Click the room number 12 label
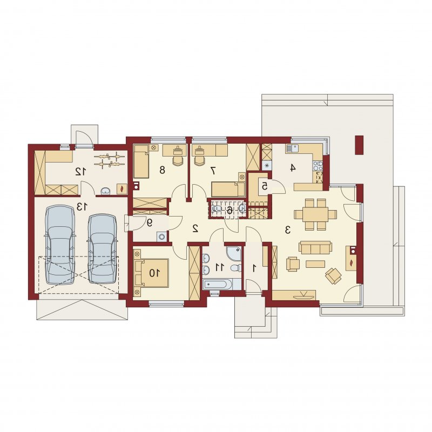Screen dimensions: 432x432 point(80,172)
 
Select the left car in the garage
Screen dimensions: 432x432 point(60,245)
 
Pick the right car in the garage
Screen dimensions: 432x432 point(103,249)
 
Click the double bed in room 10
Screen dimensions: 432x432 point(152,273)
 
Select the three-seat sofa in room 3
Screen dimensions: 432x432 point(315,247)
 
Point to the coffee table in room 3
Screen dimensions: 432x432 point(315,264)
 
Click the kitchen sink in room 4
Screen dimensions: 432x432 point(291,149)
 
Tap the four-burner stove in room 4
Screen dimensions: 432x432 point(318,166)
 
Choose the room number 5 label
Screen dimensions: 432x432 point(265,186)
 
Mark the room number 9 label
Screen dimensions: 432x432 point(150,222)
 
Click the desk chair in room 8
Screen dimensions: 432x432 point(178,159)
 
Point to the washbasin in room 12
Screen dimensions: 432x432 point(105,191)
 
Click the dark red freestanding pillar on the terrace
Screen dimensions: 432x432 point(359,145)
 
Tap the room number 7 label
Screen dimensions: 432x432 point(213,171)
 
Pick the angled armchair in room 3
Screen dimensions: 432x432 point(333,275)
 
